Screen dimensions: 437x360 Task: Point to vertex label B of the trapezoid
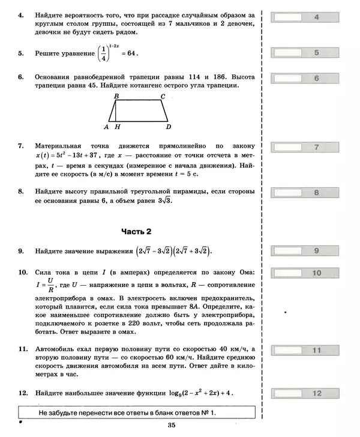point(116,96)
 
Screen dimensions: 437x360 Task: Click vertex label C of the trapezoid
point(163,96)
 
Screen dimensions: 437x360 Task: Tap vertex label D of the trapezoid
point(169,127)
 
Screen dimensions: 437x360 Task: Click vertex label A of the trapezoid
point(106,127)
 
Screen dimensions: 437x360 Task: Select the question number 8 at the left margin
point(21,191)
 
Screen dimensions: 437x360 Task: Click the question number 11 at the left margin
point(23,349)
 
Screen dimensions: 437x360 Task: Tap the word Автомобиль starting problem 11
point(56,349)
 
